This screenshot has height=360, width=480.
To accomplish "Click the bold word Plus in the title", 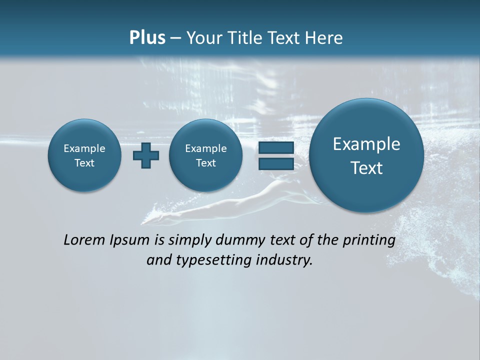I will coord(147,38).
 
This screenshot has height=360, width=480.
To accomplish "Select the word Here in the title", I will coord(325,38).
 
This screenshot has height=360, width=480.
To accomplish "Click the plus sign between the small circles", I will coord(146,155).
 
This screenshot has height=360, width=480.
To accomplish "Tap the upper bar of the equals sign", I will coord(276,148).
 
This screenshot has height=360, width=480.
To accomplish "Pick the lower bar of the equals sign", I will coord(276,164).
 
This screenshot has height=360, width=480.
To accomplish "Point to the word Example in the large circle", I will coord(366,144).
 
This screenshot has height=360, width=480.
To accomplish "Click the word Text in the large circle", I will coord(366,168).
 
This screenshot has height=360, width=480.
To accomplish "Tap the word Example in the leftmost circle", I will coord(84,148).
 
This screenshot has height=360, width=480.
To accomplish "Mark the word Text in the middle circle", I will coord(206,163).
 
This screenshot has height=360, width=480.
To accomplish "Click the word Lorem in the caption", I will coord(84,240).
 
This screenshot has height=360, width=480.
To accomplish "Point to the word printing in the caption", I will coord(369,240).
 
